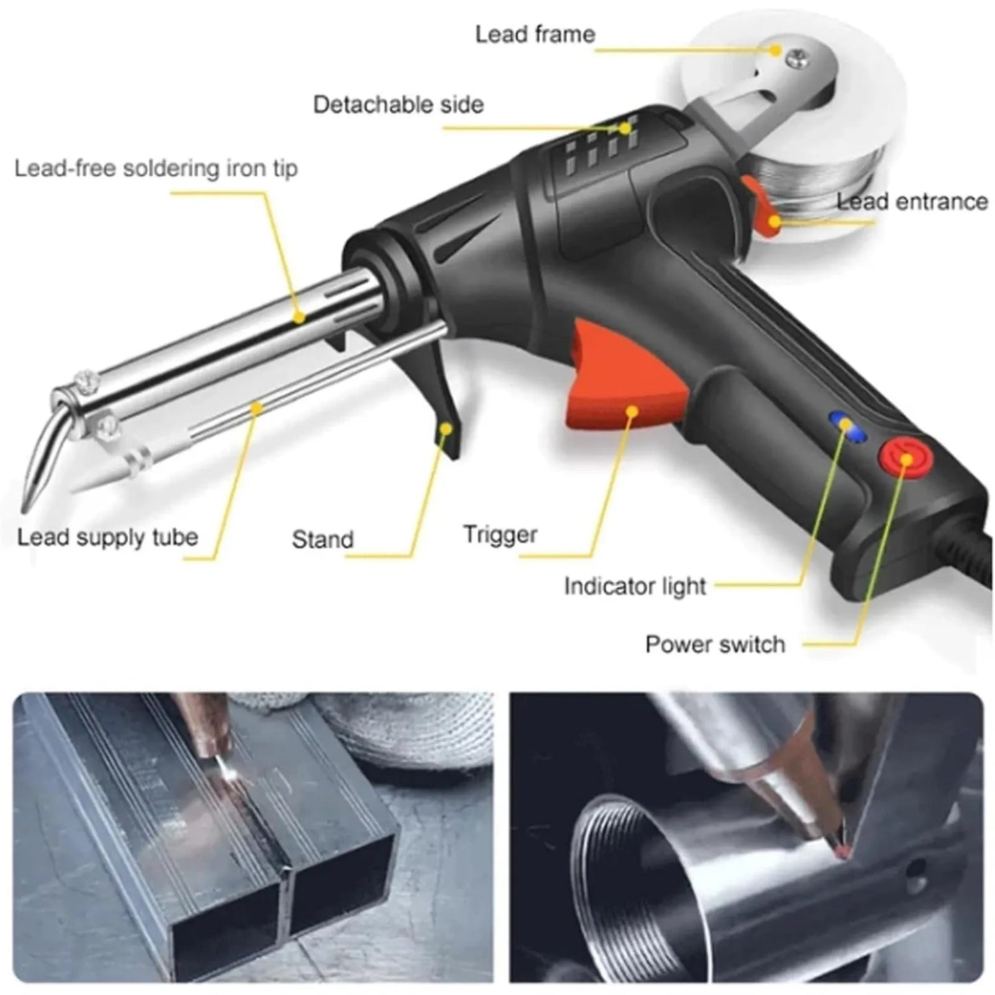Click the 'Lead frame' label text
tap(535, 34)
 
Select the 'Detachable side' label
tap(398, 105)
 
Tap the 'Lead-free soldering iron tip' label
tap(156, 169)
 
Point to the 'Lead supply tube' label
tap(107, 537)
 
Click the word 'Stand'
tap(322, 539)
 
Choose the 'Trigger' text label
tap(500, 534)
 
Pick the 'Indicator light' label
tap(635, 587)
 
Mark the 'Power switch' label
tap(715, 645)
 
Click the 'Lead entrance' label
tap(912, 202)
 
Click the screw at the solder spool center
tap(799, 59)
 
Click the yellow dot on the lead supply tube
tap(256, 408)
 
